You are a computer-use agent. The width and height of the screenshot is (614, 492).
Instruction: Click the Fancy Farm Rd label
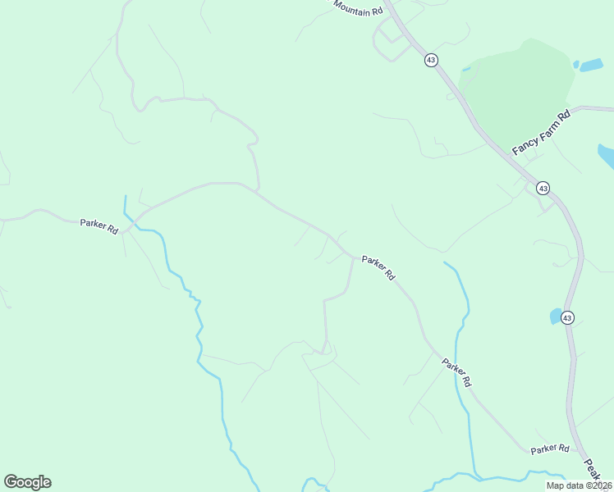[541, 133]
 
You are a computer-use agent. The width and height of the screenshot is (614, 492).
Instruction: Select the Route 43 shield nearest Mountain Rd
[431, 60]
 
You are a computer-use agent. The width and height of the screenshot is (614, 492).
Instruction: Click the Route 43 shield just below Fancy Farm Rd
[543, 189]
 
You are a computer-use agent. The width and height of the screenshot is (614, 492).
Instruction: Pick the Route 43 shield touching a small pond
[568, 317]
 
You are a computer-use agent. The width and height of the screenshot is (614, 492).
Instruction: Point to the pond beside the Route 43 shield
[555, 316]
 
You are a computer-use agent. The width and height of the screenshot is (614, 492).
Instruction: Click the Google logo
[27, 482]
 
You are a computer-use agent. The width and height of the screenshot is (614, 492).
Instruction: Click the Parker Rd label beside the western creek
[99, 225]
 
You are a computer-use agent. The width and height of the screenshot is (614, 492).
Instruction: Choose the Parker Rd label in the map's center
[378, 267]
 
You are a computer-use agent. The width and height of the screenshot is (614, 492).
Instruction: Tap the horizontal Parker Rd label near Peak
[549, 449]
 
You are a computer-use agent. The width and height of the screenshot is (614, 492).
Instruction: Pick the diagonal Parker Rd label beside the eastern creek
[456, 371]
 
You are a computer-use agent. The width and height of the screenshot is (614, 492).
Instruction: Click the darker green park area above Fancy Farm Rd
[521, 82]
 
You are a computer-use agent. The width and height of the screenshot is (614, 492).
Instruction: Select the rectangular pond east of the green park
[591, 65]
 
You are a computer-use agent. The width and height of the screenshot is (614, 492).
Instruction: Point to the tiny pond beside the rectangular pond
[575, 63]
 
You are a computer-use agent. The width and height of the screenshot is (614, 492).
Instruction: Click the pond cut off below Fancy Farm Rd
[606, 154]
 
